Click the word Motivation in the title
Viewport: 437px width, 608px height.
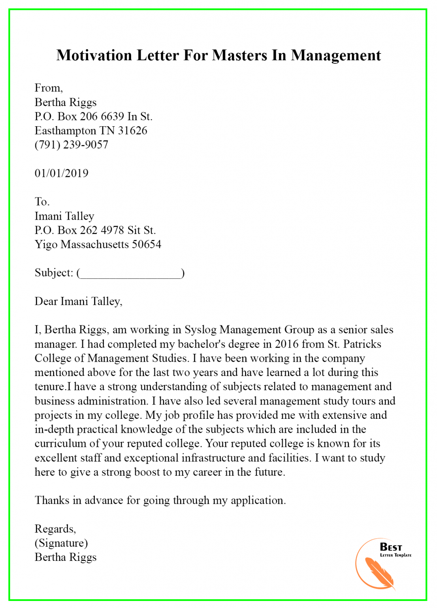click(x=94, y=55)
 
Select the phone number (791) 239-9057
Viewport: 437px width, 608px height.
click(x=72, y=145)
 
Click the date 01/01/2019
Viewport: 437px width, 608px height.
click(x=62, y=173)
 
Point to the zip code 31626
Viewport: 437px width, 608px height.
click(x=132, y=131)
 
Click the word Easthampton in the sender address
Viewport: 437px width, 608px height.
click(x=66, y=131)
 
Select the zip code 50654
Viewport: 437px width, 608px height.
click(x=147, y=244)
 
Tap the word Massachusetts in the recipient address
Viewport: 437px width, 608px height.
click(x=95, y=244)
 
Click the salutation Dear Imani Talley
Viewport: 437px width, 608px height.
click(x=78, y=302)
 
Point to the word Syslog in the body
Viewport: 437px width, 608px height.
click(x=200, y=330)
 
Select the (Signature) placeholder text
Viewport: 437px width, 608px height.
click(x=61, y=543)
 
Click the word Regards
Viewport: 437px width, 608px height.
click(x=55, y=529)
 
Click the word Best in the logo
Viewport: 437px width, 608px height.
click(x=391, y=547)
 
